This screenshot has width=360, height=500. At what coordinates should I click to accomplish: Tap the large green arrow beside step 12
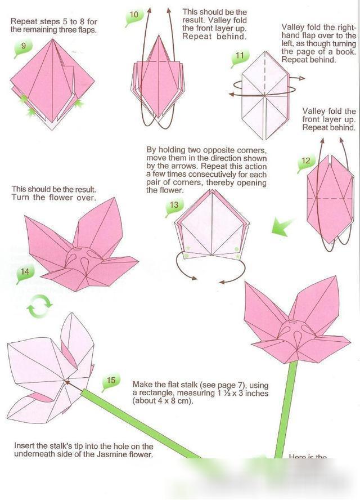pyautogui.click(x=282, y=227)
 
